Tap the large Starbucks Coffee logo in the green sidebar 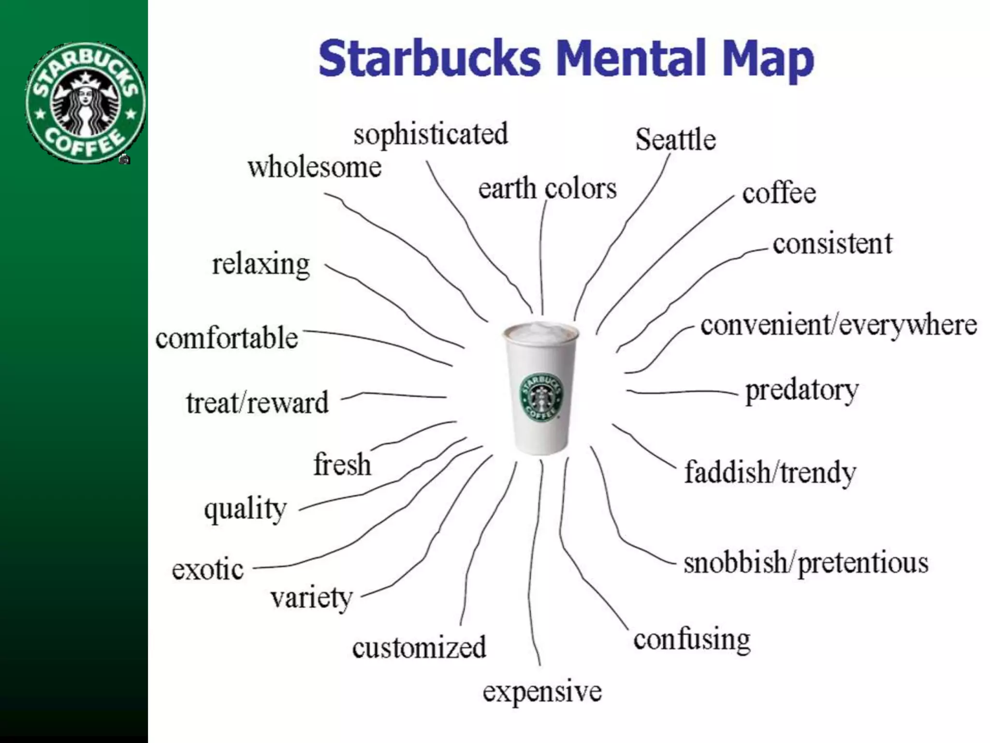[x=85, y=102]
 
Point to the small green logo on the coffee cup [x=541, y=397]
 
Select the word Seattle [x=675, y=140]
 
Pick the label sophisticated [x=431, y=134]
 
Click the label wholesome [x=315, y=167]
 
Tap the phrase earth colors [x=547, y=189]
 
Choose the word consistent [x=832, y=243]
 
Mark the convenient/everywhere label [x=839, y=325]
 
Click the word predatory [x=802, y=390]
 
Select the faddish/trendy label [x=770, y=472]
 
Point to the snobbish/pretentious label [x=806, y=563]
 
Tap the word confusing [x=692, y=640]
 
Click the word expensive [x=542, y=691]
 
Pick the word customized [x=419, y=648]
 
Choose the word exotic [x=208, y=570]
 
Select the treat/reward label [x=257, y=403]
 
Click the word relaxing [x=261, y=265]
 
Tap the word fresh [x=342, y=464]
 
